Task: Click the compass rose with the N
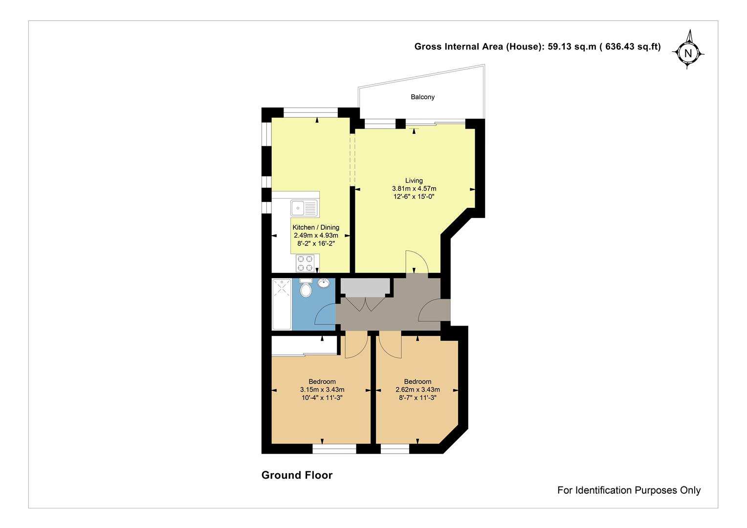(x=688, y=53)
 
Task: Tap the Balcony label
(x=422, y=97)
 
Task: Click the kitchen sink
(x=304, y=208)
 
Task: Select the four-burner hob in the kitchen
(x=305, y=263)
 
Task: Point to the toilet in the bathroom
(x=306, y=288)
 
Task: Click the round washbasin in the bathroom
(x=324, y=283)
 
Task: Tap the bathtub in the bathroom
(x=282, y=304)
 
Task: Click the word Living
(x=414, y=180)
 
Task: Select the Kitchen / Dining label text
(x=316, y=227)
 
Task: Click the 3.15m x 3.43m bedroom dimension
(x=322, y=390)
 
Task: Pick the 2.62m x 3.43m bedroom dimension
(x=417, y=390)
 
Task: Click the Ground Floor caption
(x=297, y=475)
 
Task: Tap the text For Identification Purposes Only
(x=629, y=490)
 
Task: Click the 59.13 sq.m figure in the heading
(x=572, y=47)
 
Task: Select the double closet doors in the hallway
(x=366, y=304)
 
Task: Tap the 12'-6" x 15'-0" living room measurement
(x=414, y=197)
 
